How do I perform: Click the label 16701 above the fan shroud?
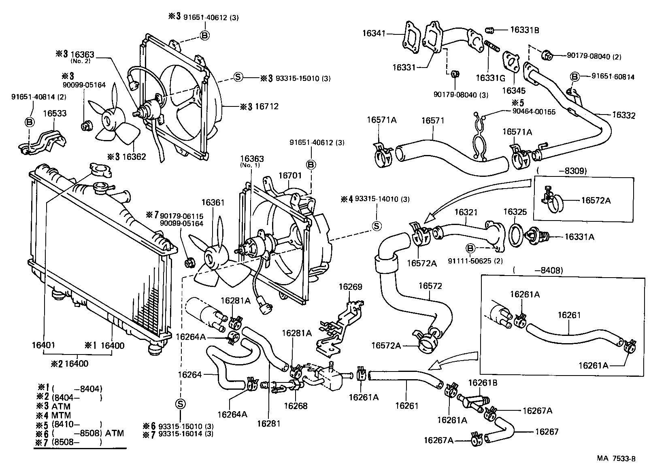coord(290,175)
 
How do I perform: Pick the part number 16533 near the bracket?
coord(55,114)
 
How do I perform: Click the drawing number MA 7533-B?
coord(616,459)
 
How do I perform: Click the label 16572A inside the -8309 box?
coord(596,200)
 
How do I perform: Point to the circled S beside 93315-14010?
coord(377,226)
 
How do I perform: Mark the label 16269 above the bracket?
coord(350,287)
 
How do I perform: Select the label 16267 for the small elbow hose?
coord(547,432)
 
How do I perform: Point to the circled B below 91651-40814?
coord(30,121)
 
